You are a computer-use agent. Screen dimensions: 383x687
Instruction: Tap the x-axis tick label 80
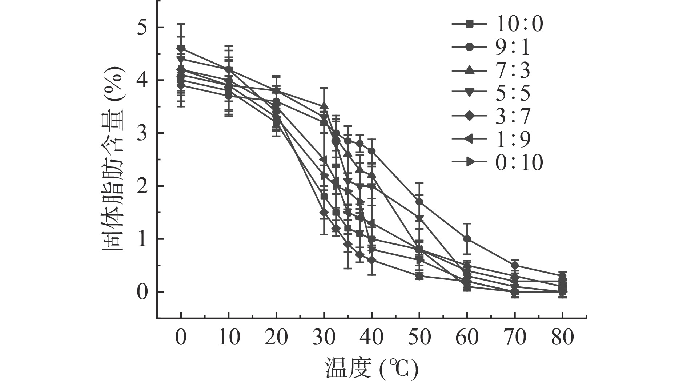point(562,338)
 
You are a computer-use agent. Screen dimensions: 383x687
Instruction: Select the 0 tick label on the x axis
point(181,338)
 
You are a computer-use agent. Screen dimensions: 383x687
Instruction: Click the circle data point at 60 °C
point(467,239)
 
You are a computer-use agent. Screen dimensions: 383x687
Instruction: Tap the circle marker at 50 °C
point(419,202)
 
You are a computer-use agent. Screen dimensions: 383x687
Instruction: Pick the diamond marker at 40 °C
point(371,260)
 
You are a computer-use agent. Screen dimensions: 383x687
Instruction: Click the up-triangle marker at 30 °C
point(324,106)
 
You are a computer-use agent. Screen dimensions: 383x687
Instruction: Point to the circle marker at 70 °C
point(515,265)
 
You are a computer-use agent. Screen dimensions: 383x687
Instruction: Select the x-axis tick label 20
point(276,338)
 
